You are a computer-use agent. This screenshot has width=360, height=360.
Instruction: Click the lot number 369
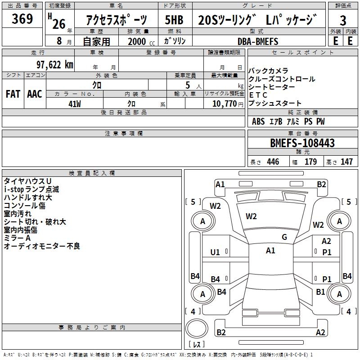pos(22,19)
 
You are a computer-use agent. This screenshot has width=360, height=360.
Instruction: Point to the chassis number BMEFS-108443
pos(302,143)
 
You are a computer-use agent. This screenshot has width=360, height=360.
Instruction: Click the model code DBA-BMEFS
pos(258,41)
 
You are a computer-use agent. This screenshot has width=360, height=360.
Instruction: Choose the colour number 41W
pos(74,103)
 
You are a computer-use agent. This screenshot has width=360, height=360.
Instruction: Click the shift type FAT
pos(13,94)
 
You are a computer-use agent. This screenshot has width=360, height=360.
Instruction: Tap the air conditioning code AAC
pos(34,94)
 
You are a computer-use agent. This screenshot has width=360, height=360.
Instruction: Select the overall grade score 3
pos(343,20)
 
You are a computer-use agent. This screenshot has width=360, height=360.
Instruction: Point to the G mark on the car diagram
pos(284,237)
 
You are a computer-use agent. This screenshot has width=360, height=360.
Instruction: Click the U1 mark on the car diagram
pos(216,252)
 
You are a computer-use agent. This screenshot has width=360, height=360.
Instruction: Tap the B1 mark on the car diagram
pos(320,292)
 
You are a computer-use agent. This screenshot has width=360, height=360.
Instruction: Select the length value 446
pos(273,162)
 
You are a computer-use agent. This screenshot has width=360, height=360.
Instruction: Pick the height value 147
pos(346,162)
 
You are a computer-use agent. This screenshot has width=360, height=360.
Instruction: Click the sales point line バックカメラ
pos(268,71)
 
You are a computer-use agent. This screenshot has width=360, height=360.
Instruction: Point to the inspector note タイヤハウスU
pos(27,181)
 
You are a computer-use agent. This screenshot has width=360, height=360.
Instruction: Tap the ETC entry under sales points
pos(258,95)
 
